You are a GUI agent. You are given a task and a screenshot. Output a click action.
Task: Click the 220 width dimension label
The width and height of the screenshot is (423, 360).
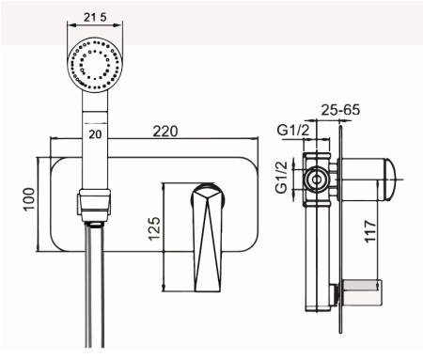point(165,131)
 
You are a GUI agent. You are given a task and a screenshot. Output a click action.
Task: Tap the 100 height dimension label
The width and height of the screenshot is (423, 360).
point(29,199)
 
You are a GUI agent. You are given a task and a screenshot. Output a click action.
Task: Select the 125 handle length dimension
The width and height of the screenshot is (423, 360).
point(154,228)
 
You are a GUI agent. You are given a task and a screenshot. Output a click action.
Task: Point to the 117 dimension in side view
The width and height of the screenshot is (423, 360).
point(370,231)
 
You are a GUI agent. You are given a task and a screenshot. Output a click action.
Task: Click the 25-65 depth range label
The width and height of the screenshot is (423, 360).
point(340,110)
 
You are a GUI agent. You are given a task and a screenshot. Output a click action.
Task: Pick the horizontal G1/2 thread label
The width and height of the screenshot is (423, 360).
point(293,130)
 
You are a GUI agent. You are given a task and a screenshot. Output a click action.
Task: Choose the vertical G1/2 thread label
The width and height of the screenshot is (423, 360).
point(281,178)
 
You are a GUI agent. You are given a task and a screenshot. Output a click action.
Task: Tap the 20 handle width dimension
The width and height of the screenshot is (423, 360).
point(95,134)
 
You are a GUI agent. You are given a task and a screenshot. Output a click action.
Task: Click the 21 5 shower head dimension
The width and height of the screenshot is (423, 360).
point(95,17)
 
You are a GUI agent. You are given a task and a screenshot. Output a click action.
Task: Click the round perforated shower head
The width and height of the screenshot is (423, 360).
point(95,65)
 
